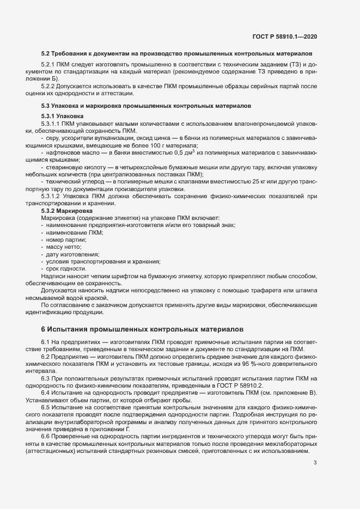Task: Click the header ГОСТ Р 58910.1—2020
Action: click(284, 37)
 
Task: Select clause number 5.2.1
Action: click(49, 65)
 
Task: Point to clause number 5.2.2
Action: click(49, 86)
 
